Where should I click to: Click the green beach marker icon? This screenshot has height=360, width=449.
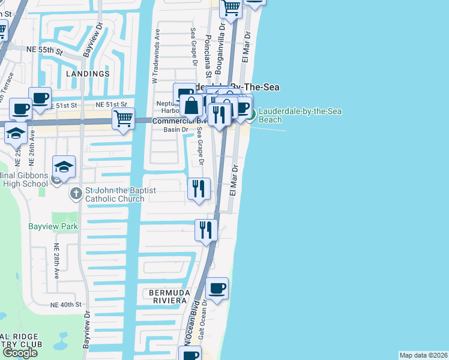[252, 114]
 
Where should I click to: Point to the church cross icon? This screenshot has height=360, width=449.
[76, 193]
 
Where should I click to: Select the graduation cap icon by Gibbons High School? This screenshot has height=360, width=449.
[64, 166]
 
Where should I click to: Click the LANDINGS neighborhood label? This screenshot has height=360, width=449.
[89, 74]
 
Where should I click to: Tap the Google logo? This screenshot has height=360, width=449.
[20, 352]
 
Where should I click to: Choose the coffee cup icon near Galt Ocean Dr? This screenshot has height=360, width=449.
[217, 289]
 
